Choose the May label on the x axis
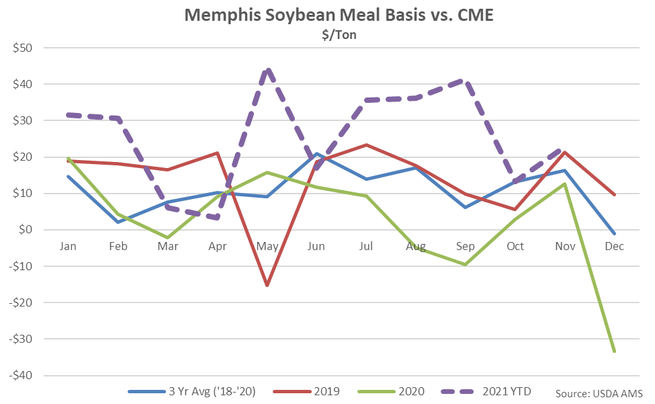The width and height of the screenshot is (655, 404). point(267,246)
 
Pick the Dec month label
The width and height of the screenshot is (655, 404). point(614,246)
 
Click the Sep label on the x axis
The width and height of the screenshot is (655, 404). point(465,246)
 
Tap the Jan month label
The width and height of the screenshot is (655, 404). point(68,246)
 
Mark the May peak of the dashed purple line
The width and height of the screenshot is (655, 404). point(267,70)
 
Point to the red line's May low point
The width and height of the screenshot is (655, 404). point(267,286)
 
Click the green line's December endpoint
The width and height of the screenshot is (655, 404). point(614,351)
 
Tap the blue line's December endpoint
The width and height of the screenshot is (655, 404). point(614,234)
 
